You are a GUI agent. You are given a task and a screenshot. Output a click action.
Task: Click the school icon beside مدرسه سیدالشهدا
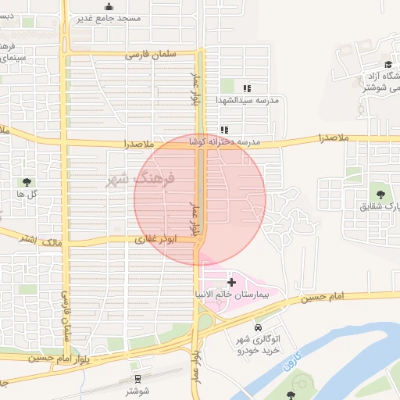pos(248,89)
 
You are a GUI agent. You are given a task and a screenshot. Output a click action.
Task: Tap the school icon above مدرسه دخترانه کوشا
pos(224,130)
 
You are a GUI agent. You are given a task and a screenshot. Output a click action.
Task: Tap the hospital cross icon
pos(231,280)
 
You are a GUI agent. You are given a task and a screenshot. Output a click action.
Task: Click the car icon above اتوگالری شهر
pos(258,327)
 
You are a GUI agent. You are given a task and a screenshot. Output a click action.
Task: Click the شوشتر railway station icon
pos(137,379)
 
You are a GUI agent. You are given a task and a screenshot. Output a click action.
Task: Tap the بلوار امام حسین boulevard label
pos(63,357)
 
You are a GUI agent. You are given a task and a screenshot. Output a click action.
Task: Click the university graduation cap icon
pos(388,64)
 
